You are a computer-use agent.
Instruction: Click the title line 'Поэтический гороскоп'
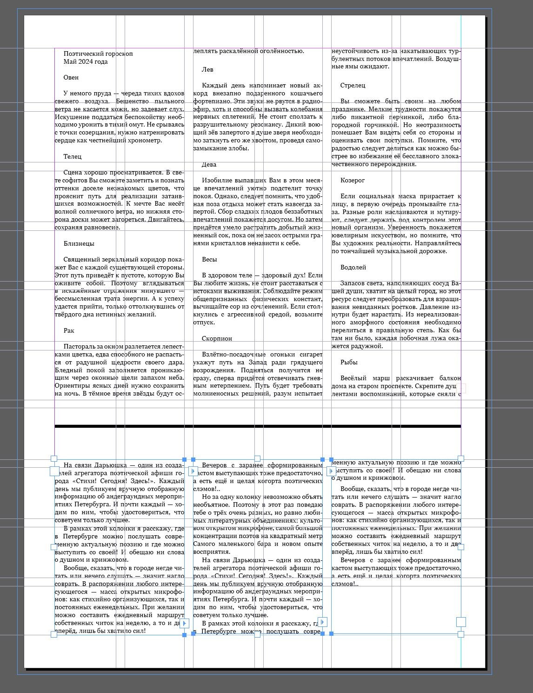pos(98,54)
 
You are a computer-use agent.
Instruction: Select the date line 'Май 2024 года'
pos(86,61)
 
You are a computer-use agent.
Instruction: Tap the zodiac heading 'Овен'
pos(71,77)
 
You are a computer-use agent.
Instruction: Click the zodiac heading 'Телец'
pos(73,156)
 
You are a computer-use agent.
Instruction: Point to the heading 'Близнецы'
pos(79,243)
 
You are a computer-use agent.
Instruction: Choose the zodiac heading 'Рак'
pos(69,330)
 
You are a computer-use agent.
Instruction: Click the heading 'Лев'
pos(207,69)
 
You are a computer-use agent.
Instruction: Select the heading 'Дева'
pos(209,164)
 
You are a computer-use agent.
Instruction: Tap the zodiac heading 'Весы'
pos(209,259)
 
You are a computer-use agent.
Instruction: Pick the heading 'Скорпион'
pos(217,338)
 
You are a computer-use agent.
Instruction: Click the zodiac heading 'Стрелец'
pos(353,85)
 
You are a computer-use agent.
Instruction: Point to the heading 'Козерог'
pos(353,180)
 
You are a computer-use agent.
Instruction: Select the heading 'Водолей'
pos(353,267)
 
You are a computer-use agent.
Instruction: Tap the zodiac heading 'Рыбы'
pos(349,362)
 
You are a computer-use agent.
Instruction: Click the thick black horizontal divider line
pos(257,426)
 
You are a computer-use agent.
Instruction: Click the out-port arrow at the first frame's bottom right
pos(184,623)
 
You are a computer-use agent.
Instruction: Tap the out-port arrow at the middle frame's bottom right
pos(323,622)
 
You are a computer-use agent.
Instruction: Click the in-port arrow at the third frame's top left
pos(331,471)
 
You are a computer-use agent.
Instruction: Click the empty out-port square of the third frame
pos(461,622)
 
